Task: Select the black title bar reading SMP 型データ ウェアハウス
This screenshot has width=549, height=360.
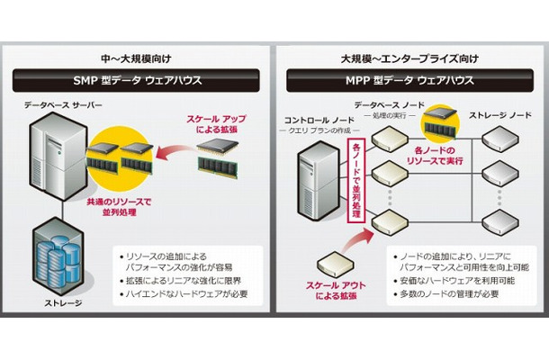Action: tap(136, 80)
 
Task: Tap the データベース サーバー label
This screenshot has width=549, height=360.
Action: tap(65, 106)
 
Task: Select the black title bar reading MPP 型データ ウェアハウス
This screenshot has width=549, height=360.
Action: tap(409, 80)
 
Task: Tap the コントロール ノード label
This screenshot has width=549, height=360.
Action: tap(319, 118)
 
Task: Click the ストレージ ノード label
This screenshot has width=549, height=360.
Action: tap(499, 116)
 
